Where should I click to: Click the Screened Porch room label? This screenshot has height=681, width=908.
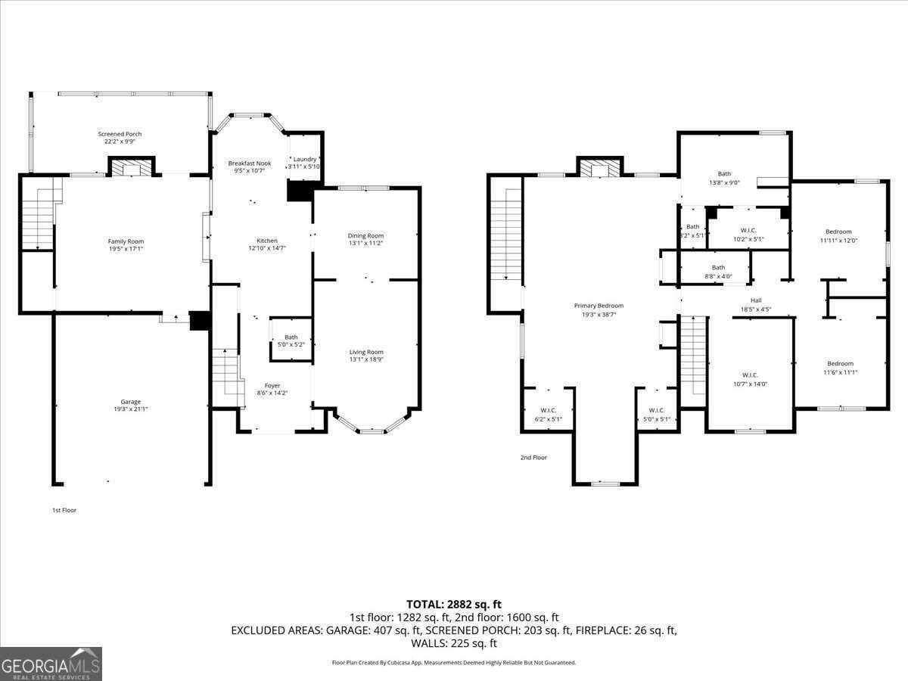(x=120, y=134)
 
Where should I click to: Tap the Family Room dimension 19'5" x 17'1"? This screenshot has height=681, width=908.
(x=126, y=248)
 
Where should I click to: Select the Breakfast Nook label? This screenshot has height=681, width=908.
(x=250, y=163)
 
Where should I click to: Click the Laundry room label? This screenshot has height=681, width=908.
(x=304, y=159)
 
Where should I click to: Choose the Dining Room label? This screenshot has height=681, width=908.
(x=365, y=235)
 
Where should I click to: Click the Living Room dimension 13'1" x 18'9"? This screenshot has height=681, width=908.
(x=366, y=359)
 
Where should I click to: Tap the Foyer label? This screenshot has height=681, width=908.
(x=273, y=385)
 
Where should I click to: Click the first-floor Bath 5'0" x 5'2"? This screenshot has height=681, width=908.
(x=291, y=340)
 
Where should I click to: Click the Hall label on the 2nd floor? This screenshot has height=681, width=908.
(x=755, y=300)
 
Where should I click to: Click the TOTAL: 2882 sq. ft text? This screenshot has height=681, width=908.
(x=453, y=604)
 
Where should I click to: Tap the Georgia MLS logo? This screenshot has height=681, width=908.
(x=51, y=664)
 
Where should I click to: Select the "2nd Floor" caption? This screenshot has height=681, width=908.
(x=533, y=458)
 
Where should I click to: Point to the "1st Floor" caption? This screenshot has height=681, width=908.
(x=64, y=510)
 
